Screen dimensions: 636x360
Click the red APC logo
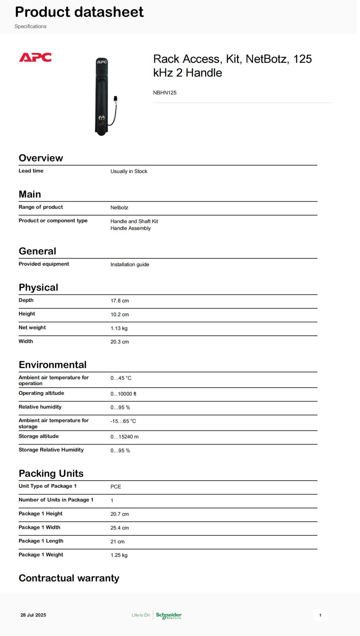[x=36, y=57]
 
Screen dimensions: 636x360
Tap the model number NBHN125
[x=165, y=93]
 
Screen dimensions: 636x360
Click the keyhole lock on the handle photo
[x=102, y=118]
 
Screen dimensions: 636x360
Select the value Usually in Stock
[x=129, y=171]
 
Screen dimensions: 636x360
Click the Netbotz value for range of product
[x=119, y=207]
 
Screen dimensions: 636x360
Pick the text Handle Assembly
[x=130, y=228]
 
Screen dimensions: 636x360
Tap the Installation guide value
[x=130, y=265]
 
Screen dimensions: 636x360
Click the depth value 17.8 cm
[x=120, y=301]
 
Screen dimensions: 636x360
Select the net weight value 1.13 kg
[x=119, y=328]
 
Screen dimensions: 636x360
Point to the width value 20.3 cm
[x=120, y=342]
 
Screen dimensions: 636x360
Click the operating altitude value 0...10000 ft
[x=123, y=394]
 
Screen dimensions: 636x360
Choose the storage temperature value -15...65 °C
[x=123, y=421]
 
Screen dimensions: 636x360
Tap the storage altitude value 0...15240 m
[x=124, y=437]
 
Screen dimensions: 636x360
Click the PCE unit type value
[x=116, y=487]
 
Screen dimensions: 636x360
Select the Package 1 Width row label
[x=39, y=527]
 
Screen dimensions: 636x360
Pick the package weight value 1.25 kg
[x=119, y=555]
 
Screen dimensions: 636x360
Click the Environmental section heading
[x=52, y=365]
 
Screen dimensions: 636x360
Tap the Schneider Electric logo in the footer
[x=169, y=616]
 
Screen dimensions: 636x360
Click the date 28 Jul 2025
[x=33, y=615]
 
